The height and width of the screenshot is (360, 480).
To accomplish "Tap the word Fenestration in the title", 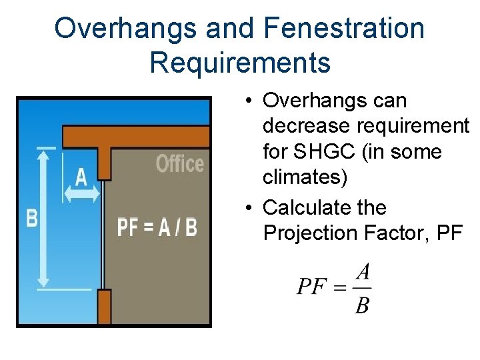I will [344, 29].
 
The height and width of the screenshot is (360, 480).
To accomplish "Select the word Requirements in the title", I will [240, 63].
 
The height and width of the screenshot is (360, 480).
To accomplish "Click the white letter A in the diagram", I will [81, 177].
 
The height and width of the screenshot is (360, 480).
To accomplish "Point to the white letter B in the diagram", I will [31, 218].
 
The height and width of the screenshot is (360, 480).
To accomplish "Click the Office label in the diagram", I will [179, 163].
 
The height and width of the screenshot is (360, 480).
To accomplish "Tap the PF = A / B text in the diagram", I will [157, 227].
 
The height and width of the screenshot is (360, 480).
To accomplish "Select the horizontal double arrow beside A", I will [81, 193].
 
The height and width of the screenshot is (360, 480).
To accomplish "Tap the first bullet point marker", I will [247, 101].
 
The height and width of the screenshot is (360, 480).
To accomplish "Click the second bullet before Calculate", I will [247, 208].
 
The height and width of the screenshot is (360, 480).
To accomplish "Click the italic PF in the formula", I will [312, 287].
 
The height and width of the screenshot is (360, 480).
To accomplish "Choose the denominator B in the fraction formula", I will [362, 305].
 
